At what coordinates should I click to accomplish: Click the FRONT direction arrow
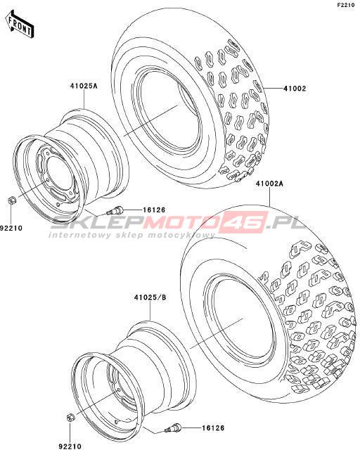(x=19, y=25)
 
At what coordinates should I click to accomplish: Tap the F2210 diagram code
(x=348, y=6)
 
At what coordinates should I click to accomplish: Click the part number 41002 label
(x=295, y=89)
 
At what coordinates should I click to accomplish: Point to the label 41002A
(x=270, y=184)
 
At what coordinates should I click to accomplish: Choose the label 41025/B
(x=150, y=297)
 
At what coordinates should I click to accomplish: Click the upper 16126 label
(x=154, y=210)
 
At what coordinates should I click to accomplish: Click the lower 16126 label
(x=213, y=428)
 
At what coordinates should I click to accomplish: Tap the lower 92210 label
(x=70, y=446)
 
